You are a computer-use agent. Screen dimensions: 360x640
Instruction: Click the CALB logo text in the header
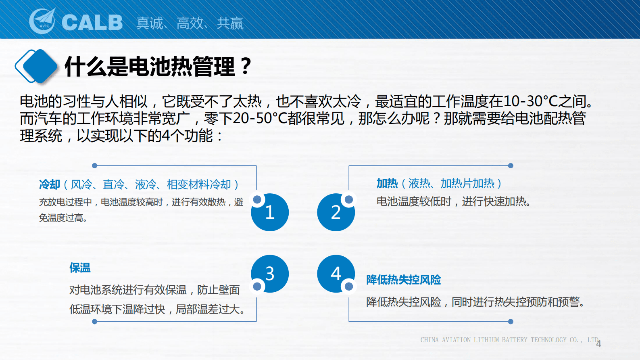point(92,23)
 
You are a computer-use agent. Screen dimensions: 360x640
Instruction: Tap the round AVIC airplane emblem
point(43,21)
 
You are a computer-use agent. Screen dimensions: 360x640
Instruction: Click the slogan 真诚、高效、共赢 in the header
point(190,23)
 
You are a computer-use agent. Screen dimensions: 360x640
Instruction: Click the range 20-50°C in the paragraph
point(260,118)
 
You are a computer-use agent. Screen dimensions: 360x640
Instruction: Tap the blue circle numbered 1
point(270,212)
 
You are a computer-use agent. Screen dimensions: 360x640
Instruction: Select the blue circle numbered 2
point(336,212)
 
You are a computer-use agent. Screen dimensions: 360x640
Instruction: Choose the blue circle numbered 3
point(270,274)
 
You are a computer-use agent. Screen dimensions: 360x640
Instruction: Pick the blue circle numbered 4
point(336,274)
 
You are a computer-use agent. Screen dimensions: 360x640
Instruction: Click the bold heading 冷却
point(49,184)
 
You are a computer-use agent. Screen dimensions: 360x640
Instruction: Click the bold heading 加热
point(387,183)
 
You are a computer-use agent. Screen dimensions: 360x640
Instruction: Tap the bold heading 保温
point(80,268)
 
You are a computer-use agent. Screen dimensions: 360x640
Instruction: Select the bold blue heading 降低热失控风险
point(403,280)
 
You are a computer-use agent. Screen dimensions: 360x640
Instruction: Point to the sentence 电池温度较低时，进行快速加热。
point(453,201)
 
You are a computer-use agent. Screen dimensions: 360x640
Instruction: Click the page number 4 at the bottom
point(598,344)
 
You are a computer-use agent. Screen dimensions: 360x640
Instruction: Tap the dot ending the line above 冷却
point(95,165)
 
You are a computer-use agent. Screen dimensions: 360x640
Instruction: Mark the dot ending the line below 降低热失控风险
point(511,322)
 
